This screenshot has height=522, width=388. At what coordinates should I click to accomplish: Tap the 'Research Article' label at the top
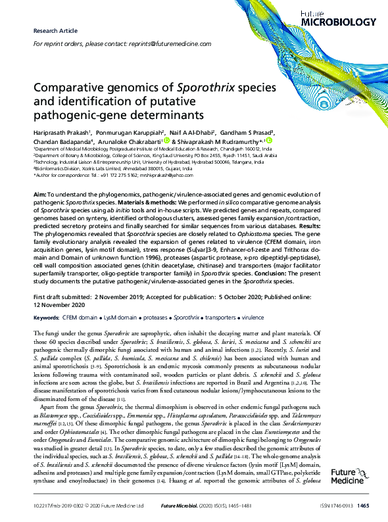[54, 31]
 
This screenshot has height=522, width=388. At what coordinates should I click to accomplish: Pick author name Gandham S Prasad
[255, 131]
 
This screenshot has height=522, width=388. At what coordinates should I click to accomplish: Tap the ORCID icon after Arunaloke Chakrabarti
[167, 141]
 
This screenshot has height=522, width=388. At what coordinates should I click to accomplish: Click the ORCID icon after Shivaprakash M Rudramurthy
[269, 141]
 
